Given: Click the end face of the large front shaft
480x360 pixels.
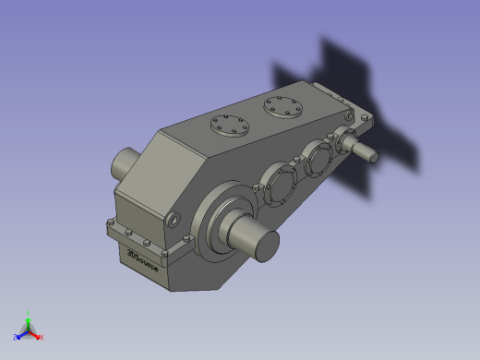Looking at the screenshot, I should (266, 245).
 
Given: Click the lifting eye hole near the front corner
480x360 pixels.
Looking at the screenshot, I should (174, 220).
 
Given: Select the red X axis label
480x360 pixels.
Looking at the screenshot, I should (42, 337).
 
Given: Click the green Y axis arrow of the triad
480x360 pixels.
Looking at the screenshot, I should (29, 323).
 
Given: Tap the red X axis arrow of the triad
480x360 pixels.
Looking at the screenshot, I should (35, 334).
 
